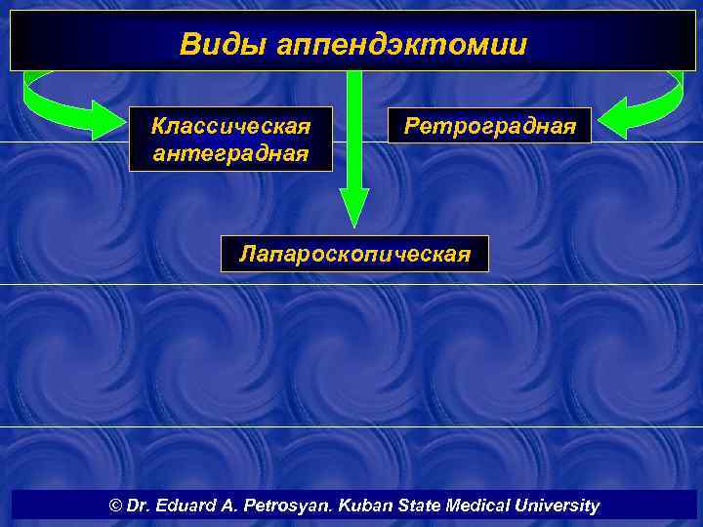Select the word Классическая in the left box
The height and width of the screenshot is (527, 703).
[231, 127]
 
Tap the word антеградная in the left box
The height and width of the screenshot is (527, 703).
[231, 153]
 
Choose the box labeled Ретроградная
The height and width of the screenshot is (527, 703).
[489, 126]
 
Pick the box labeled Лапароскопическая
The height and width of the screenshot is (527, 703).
[354, 254]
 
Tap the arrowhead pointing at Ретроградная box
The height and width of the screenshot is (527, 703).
[613, 123]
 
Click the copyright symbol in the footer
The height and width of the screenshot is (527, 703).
[116, 506]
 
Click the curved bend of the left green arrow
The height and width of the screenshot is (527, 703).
[31, 98]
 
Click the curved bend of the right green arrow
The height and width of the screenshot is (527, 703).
[673, 98]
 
